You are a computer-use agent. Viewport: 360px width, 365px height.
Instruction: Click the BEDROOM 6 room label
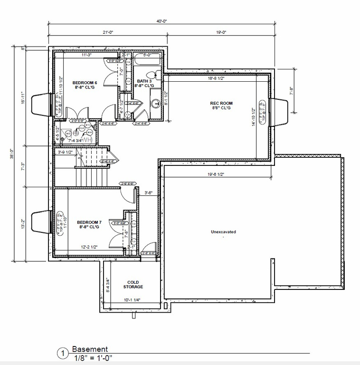click(85, 85)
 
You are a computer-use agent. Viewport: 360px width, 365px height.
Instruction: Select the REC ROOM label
click(221, 106)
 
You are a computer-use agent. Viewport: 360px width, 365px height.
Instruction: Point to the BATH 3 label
click(143, 84)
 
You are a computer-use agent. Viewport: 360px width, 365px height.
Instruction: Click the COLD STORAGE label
click(133, 284)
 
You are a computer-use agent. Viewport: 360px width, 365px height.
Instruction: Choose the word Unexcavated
click(223, 232)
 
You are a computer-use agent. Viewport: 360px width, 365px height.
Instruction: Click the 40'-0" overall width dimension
click(162, 21)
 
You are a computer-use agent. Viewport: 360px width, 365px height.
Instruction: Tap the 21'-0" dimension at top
click(107, 32)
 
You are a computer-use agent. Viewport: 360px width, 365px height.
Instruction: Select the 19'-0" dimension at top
click(221, 32)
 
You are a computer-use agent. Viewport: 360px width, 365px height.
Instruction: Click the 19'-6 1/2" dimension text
click(216, 174)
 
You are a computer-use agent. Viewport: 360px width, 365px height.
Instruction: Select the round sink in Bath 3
click(155, 104)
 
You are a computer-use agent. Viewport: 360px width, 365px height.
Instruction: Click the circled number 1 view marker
click(61, 354)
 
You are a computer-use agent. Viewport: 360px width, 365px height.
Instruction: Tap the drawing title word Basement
click(90, 349)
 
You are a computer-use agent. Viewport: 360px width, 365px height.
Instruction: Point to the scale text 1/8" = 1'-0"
click(93, 358)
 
